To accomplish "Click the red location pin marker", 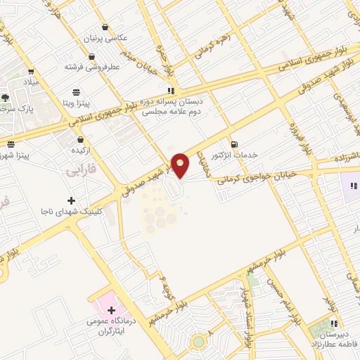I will click(x=181, y=165).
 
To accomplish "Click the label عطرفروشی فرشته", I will click(x=94, y=67).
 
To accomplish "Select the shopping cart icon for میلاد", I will click(x=32, y=71).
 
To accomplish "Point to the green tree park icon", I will click(x=5, y=98).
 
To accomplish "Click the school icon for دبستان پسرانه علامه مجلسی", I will click(x=170, y=91).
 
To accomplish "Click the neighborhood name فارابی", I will click(x=81, y=171).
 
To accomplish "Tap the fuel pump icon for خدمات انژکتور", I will click(x=233, y=143).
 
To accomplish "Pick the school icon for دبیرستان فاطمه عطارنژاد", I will click(x=333, y=323).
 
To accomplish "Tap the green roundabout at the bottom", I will click(x=200, y=342).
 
